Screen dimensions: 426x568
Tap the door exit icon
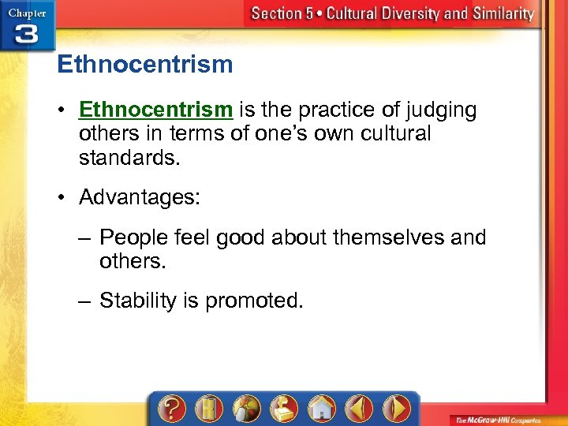(208, 409)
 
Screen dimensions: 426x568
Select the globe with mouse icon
(245, 409)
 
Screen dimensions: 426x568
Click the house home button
(320, 409)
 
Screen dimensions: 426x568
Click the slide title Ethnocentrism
(145, 64)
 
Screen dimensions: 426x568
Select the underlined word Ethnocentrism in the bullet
(155, 110)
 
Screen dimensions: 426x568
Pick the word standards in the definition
(129, 157)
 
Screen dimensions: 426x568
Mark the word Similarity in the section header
(500, 13)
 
